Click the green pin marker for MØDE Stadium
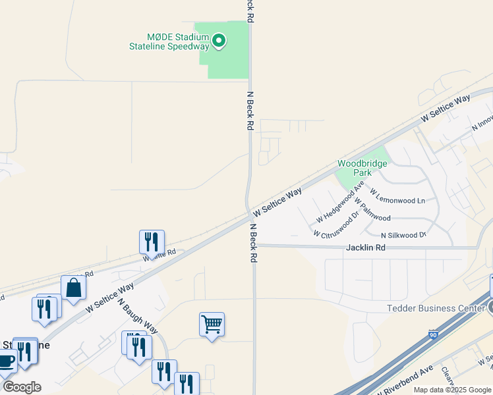pos(219,41)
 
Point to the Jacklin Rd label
pos(365,248)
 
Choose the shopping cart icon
pos(212,323)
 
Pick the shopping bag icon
pos(73,287)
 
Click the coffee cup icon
pos(7,361)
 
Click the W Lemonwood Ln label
pos(397,196)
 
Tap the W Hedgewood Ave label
pos(340,205)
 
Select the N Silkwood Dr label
pos(403,235)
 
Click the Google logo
pos(22,387)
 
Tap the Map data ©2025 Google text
pos(452,390)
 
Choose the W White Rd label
pos(159,255)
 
